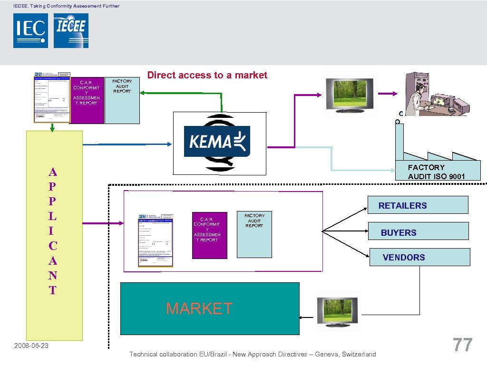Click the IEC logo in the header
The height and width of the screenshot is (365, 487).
coord(30,30)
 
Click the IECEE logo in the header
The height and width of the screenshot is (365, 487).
coord(71,30)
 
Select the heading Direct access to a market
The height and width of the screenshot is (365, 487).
coord(207,75)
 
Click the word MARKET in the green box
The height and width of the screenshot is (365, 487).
coord(199,308)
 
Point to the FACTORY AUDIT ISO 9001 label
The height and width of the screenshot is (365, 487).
coord(437,172)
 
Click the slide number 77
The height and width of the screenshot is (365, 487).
coord(462,345)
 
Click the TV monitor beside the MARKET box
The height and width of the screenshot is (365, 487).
coord(338,311)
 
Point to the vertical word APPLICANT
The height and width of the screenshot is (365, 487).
coord(53,231)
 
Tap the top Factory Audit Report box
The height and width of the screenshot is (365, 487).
coord(122,100)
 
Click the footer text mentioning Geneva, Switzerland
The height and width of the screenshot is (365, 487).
coord(253,354)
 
